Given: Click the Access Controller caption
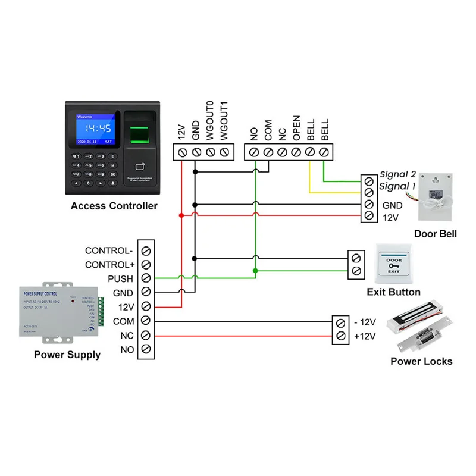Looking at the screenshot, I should coord(114,206).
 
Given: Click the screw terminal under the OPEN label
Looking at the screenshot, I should coord(296,152).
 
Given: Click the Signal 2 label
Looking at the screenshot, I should coord(398,174).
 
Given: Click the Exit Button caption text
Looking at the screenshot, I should coord(393,292).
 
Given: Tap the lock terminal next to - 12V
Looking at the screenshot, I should coord(341,323).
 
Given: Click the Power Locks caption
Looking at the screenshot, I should coord(421,361).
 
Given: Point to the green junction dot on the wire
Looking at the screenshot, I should coord(255,271).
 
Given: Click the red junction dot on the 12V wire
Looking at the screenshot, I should coord(181,215).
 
